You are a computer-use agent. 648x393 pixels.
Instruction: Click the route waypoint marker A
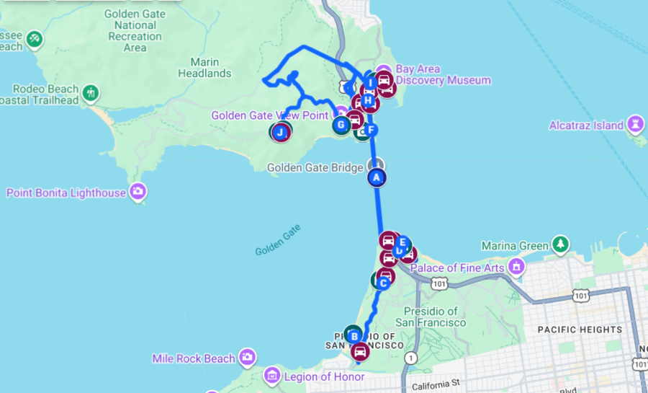tap(376, 177)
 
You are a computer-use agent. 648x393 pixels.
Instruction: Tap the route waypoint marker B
tap(354, 335)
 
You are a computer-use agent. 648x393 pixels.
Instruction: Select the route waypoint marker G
tap(341, 125)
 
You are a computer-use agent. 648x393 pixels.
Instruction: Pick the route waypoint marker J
tap(281, 132)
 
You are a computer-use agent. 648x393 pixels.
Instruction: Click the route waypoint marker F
tap(370, 130)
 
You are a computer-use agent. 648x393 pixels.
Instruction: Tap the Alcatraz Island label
tap(586, 125)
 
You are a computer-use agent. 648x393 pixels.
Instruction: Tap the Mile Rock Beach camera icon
tap(248, 357)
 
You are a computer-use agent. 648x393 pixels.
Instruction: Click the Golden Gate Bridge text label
tap(315, 168)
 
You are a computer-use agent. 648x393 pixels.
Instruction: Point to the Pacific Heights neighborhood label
tap(580, 330)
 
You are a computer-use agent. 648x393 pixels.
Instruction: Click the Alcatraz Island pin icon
tap(636, 123)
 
